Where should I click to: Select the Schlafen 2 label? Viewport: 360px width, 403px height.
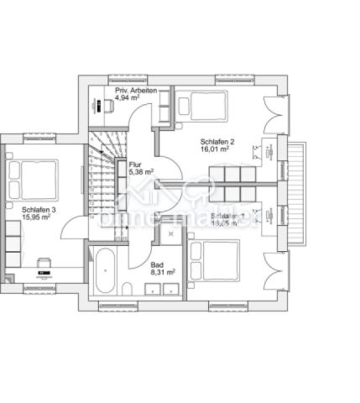pyautogui.click(x=218, y=142)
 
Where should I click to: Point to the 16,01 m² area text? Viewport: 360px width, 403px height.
pyautogui.click(x=216, y=152)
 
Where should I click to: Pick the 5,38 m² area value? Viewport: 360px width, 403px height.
pyautogui.click(x=140, y=172)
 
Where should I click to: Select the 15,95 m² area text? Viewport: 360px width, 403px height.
pyautogui.click(x=36, y=217)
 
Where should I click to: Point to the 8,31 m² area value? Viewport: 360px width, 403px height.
pyautogui.click(x=162, y=272)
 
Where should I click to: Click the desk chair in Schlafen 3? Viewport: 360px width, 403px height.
pyautogui.click(x=41, y=261)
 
